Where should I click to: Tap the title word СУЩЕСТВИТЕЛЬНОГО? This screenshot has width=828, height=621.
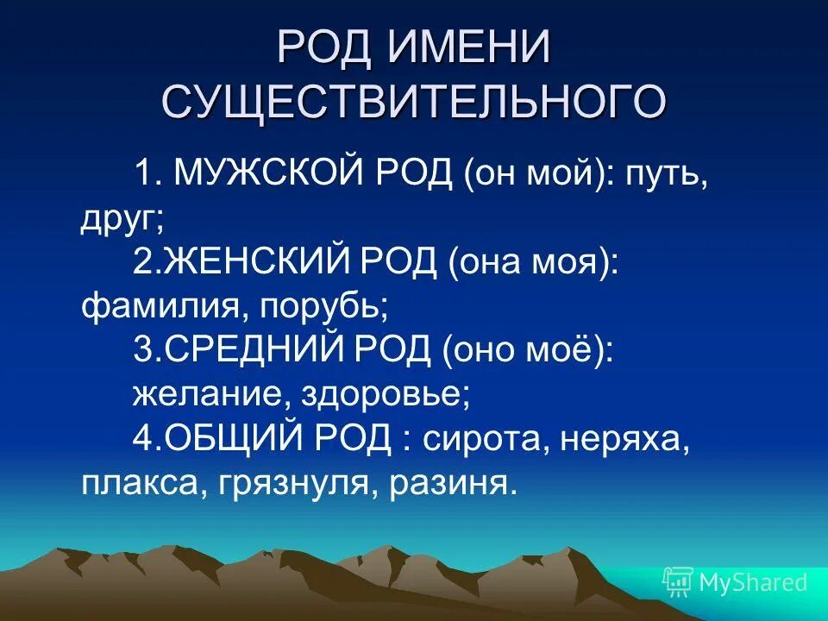coord(414,102)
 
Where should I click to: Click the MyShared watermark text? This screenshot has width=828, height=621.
coord(753,582)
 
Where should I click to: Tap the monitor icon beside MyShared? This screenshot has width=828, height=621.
coord(677,583)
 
